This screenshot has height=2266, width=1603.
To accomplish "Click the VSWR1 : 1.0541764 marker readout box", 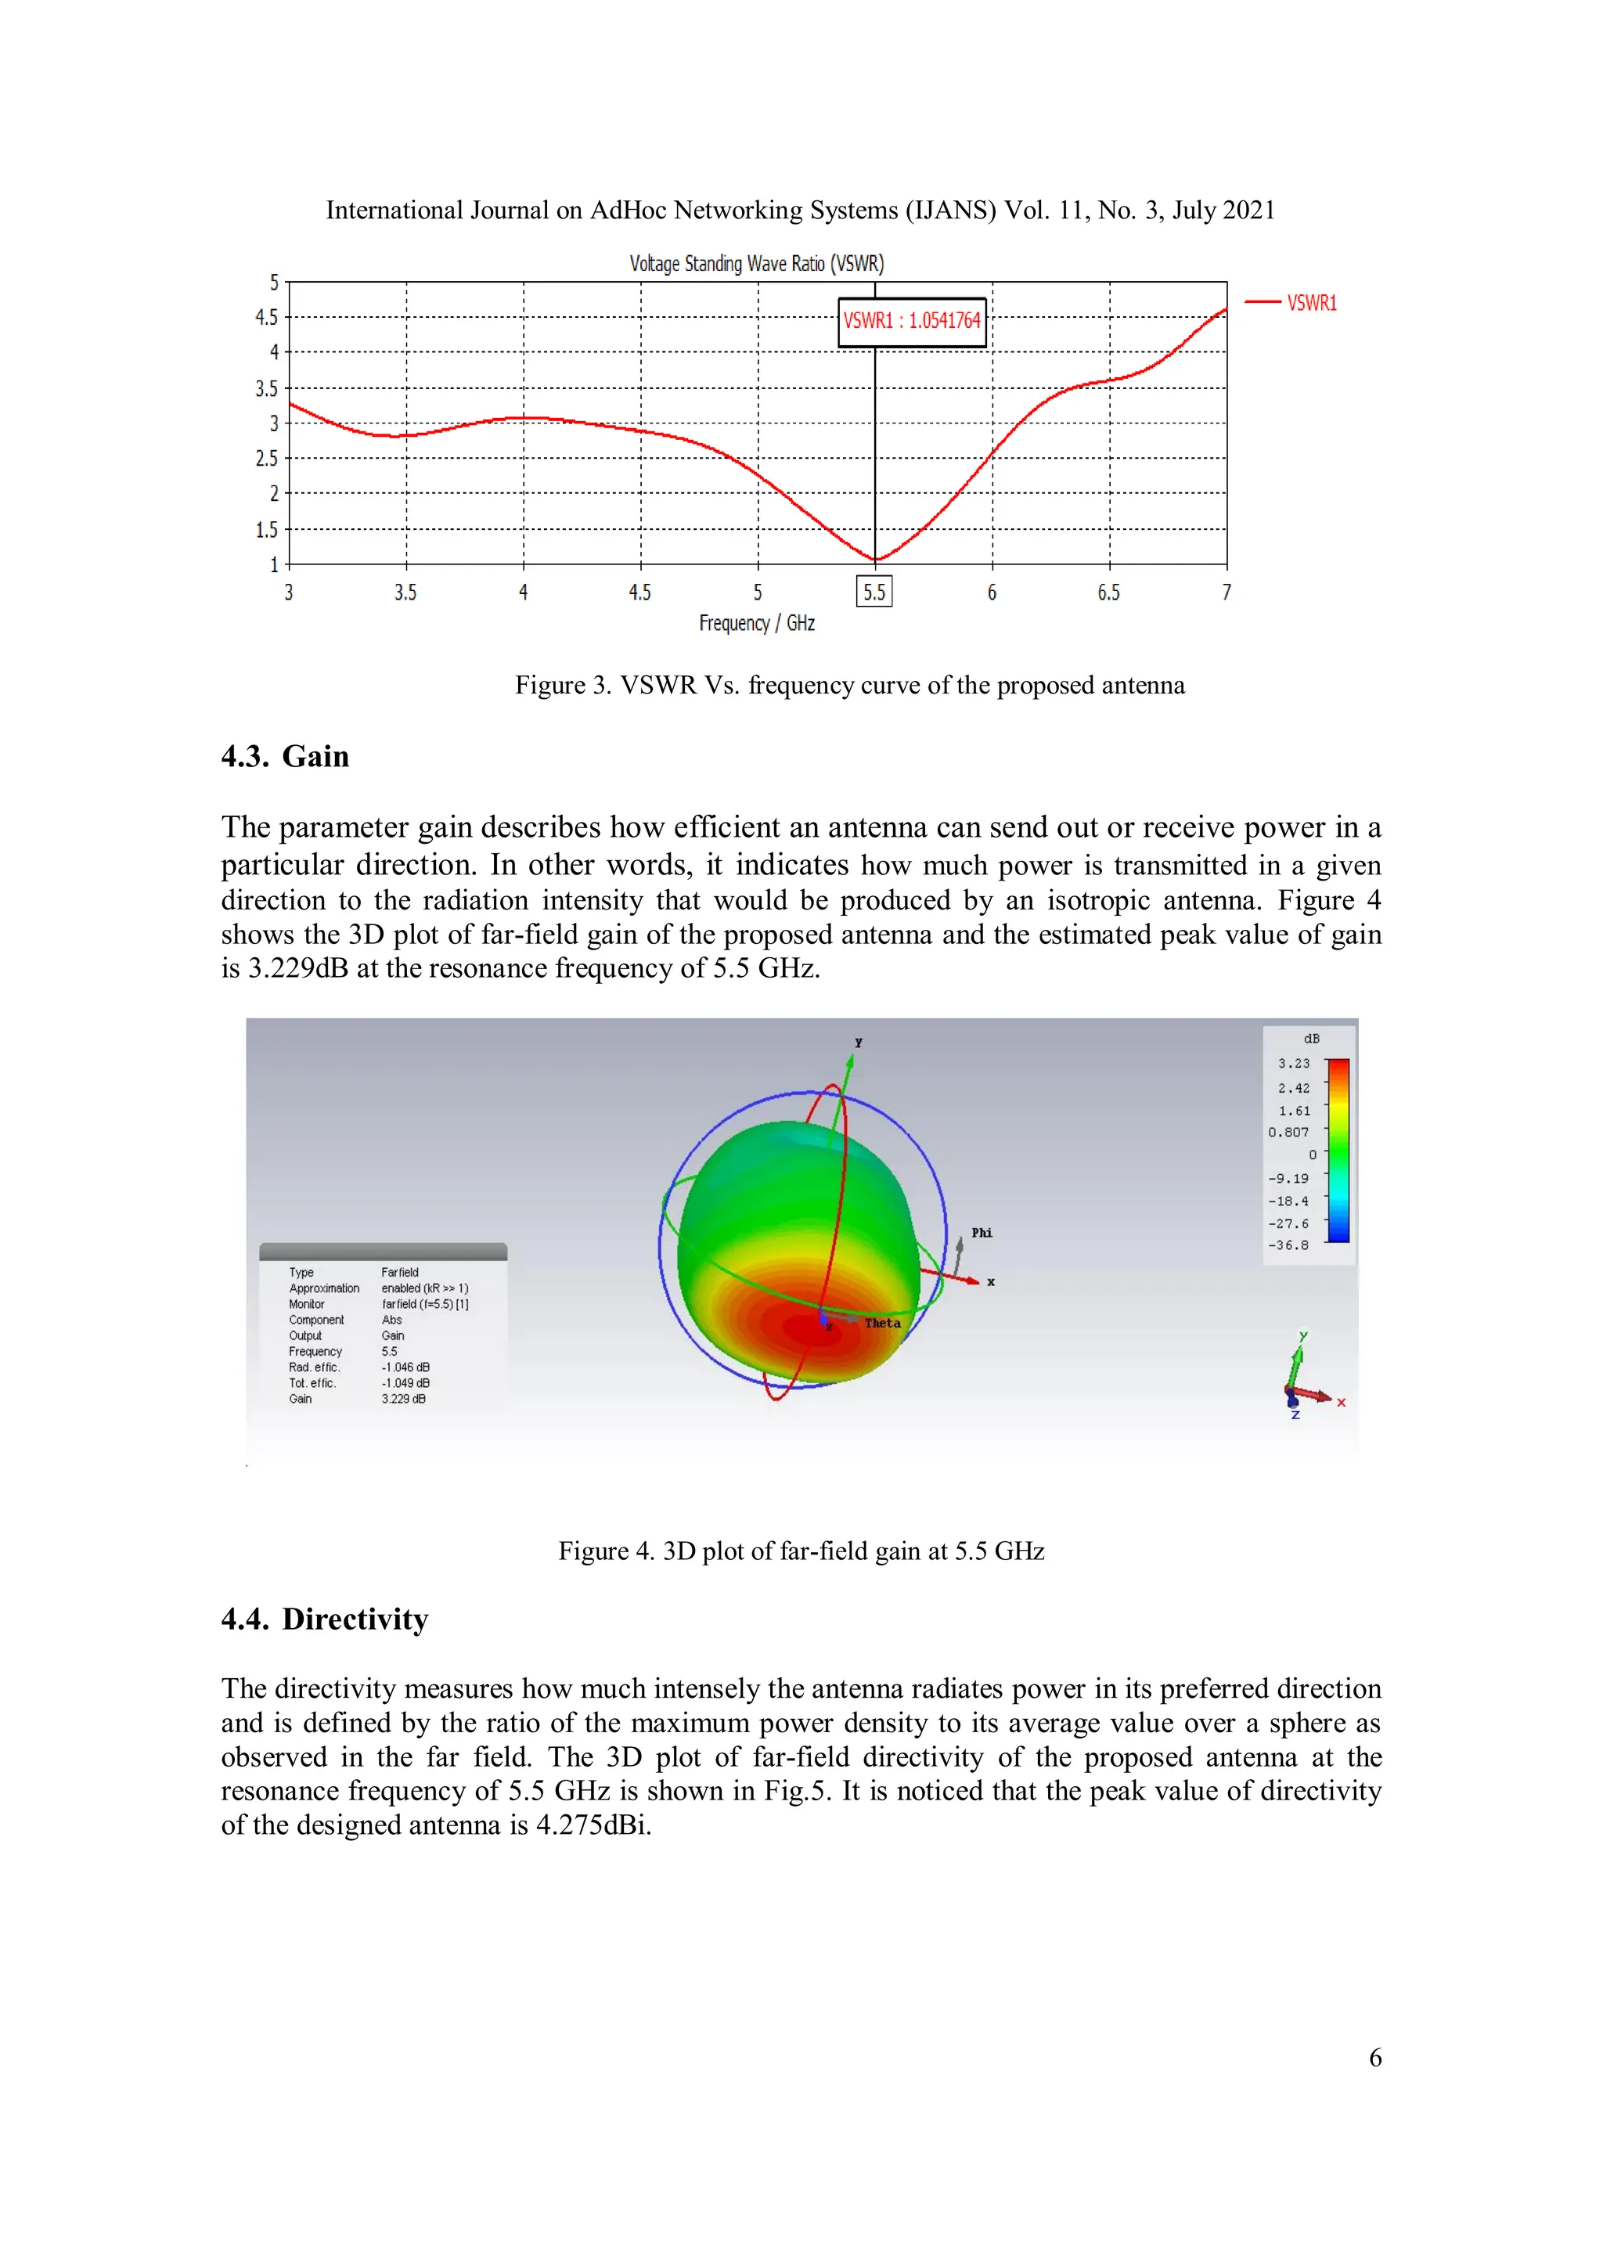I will coord(911,321).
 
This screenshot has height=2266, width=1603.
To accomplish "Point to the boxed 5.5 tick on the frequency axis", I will coord(874,593).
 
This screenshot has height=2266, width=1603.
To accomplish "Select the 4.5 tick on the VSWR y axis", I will coord(266,317).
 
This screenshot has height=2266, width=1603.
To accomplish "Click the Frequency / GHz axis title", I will coord(757,623).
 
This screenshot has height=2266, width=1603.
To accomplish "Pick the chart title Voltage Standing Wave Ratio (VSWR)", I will coord(756,264).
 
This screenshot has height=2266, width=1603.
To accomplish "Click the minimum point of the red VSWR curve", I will coord(874,560).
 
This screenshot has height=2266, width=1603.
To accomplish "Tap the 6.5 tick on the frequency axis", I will coord(1108,593).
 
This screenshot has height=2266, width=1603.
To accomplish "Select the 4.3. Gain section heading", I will coord(285,756).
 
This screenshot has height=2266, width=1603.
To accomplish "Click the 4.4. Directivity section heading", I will coord(325,1619).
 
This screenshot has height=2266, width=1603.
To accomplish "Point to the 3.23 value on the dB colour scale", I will coord(1293,1063).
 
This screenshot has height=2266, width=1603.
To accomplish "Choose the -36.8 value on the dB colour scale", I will coord(1288,1245).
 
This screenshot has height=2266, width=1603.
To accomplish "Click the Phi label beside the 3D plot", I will coord(982,1233).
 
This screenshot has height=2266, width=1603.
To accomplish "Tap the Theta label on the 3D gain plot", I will coord(882,1323).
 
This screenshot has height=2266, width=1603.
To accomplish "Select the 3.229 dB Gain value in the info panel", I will coord(404,1399).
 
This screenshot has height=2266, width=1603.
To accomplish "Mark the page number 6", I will coord(1375,2058).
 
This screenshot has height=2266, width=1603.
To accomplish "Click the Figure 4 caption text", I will coord(801,1551).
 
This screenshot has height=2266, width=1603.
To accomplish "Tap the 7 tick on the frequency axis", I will coord(1227,593).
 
